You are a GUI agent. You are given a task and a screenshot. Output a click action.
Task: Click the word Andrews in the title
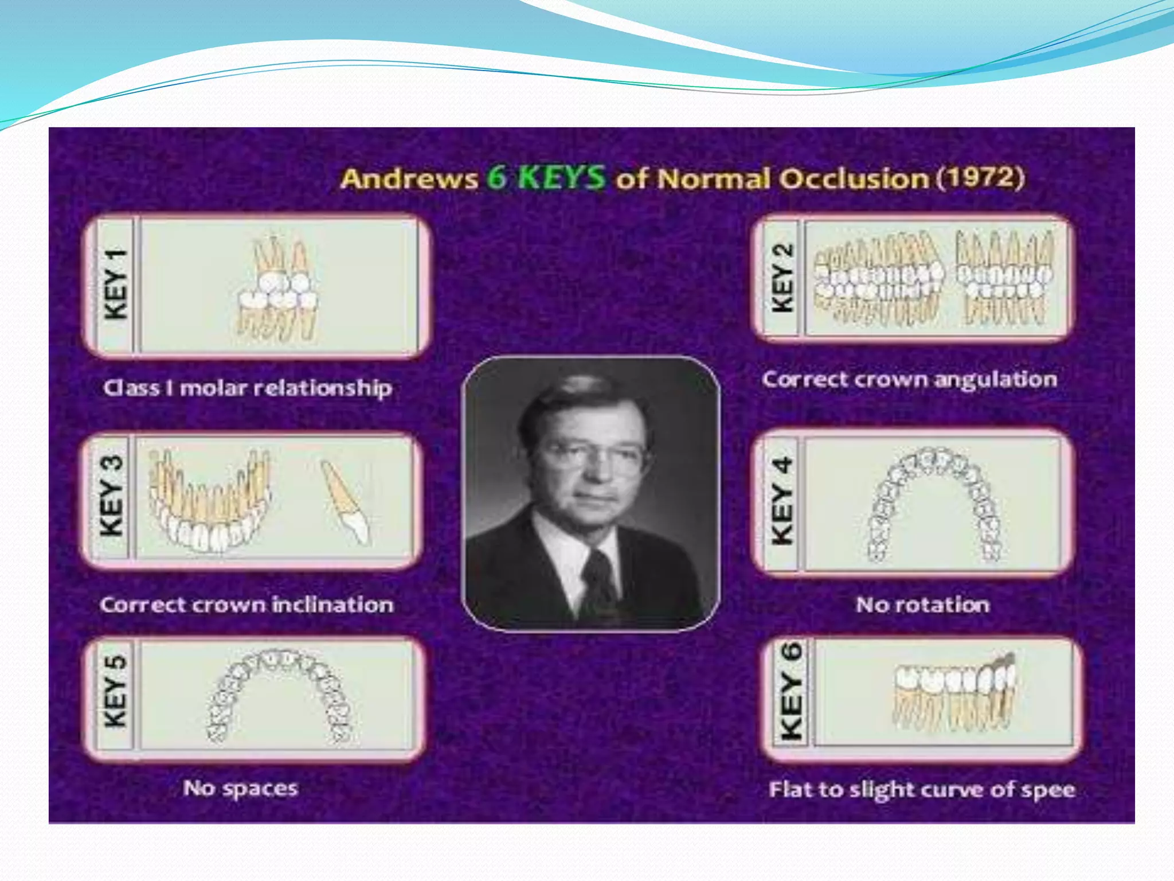click(x=409, y=178)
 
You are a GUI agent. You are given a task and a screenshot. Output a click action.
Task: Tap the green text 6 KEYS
click(x=546, y=177)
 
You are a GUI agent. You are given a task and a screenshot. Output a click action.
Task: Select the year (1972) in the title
click(x=980, y=177)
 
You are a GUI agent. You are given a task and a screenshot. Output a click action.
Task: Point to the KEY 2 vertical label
click(x=782, y=278)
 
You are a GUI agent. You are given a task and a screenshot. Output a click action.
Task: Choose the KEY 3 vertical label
click(x=112, y=497)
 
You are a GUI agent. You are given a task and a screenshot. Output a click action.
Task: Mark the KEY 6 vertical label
click(x=791, y=691)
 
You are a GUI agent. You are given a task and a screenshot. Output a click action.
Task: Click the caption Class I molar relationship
click(x=248, y=388)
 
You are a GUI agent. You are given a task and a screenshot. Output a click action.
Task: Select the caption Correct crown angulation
click(x=909, y=380)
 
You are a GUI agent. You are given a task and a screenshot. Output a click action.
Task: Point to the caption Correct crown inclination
click(x=246, y=605)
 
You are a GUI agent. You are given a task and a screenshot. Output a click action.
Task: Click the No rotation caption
click(x=922, y=605)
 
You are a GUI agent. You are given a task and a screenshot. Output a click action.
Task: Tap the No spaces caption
click(x=240, y=789)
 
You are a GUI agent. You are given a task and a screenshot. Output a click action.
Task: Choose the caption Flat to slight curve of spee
click(x=922, y=790)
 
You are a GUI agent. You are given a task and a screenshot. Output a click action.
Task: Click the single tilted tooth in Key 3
click(x=346, y=501)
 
